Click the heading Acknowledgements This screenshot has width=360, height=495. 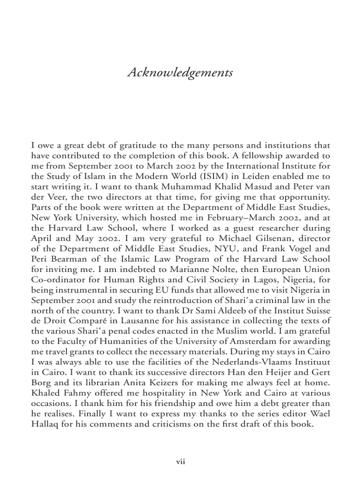point(180,72)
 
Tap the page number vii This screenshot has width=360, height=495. point(180,462)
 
